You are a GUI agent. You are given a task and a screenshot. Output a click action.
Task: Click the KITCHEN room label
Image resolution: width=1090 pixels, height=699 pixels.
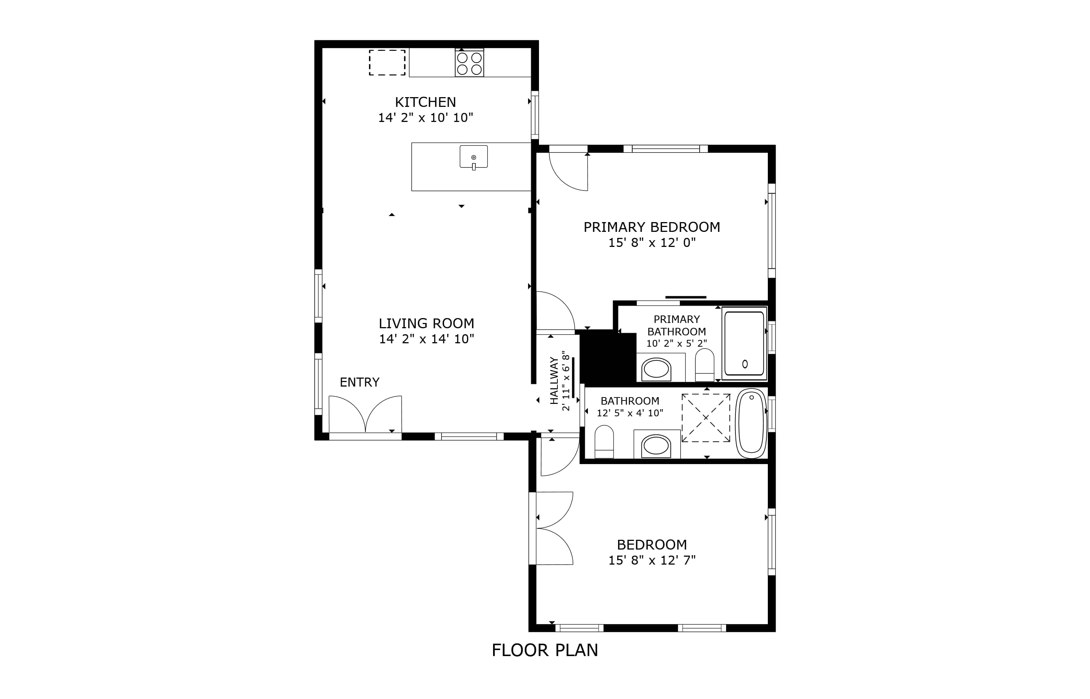(425, 102)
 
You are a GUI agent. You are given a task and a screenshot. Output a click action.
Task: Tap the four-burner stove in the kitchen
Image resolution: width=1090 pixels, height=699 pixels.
(469, 63)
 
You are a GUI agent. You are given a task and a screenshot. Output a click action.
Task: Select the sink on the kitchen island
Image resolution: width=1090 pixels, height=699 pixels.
(473, 157)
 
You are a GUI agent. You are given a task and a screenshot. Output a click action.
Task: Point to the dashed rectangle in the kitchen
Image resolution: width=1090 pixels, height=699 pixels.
(387, 62)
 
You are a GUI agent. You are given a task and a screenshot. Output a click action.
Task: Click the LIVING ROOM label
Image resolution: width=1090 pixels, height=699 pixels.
(426, 324)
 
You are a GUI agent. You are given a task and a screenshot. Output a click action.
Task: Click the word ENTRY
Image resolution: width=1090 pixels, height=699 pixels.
(359, 382)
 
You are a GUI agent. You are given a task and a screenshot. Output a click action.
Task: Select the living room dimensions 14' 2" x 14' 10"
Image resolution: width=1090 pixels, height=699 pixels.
(426, 339)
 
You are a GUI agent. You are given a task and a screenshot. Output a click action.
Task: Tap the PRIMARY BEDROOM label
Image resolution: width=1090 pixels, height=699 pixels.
(652, 227)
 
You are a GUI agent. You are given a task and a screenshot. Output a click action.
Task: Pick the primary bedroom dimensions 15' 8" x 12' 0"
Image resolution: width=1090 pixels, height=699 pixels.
(652, 242)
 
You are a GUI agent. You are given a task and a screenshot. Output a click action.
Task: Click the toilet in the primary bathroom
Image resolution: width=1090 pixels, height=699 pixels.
(704, 365)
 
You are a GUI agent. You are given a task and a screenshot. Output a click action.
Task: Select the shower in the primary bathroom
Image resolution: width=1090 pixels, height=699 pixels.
(744, 343)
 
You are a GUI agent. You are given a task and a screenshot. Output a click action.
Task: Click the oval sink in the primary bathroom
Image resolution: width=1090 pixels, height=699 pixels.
(656, 369)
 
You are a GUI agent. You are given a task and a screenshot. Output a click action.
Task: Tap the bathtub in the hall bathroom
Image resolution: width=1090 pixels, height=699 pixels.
(751, 423)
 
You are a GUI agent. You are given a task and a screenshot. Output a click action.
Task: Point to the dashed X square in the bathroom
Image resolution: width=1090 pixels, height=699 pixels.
(706, 417)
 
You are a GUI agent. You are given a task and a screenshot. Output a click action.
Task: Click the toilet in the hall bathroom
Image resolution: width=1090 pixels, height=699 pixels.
(604, 442)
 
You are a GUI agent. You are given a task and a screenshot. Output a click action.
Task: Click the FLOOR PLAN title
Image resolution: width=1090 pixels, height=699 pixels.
(545, 650)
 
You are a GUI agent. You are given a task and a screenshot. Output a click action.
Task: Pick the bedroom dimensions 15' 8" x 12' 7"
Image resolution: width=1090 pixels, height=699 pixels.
(652, 560)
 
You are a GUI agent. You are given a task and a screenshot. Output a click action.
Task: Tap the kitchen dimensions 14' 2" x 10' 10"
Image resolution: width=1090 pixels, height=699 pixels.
(426, 117)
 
